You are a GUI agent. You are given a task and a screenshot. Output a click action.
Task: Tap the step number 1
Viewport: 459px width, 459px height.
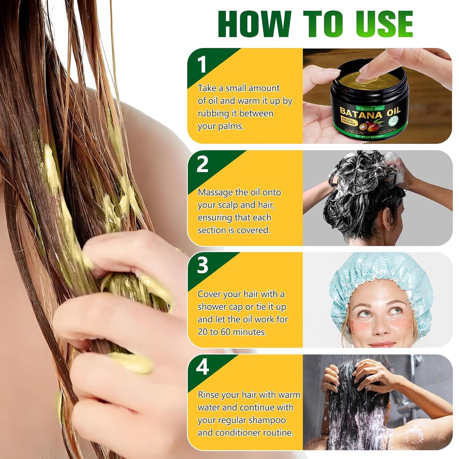pyautogui.click(x=202, y=65)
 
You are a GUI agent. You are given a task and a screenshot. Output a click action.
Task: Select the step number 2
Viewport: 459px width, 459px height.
pyautogui.click(x=202, y=165)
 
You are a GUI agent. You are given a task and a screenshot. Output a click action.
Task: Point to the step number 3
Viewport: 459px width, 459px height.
pyautogui.click(x=202, y=266)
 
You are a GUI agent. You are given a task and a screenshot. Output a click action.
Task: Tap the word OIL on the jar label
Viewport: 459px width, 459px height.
pyautogui.click(x=393, y=112)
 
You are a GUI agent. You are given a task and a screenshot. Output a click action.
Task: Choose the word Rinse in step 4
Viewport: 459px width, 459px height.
pyautogui.click(x=208, y=395)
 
